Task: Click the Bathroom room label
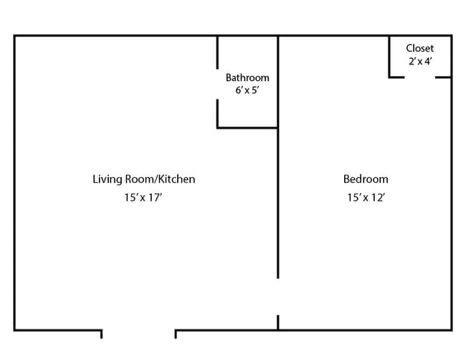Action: tap(247, 77)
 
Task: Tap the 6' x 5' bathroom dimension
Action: tap(247, 91)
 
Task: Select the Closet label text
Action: tap(419, 49)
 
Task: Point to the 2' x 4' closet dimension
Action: tap(419, 62)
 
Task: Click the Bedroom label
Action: tap(366, 179)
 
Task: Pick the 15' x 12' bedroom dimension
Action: tap(366, 198)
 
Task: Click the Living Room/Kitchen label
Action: tap(143, 179)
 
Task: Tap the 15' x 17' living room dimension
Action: tap(143, 198)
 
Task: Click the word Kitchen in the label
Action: tap(176, 179)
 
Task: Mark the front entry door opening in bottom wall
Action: tap(138, 331)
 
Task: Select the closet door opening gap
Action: tap(419, 77)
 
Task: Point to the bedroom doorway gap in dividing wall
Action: tap(278, 296)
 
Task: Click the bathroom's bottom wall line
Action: tap(247, 128)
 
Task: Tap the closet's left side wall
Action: tap(389, 56)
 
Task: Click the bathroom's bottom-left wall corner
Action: tap(218, 128)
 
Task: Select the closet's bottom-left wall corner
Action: tap(389, 77)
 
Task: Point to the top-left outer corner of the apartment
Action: tap(15, 35)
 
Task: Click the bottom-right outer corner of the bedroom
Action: tap(451, 330)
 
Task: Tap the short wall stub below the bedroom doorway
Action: tap(278, 323)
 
